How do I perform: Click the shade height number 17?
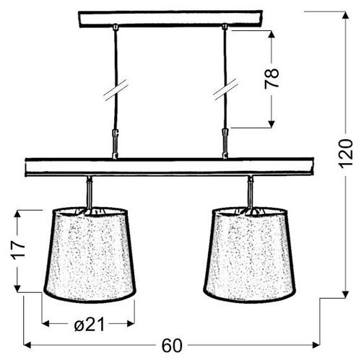coord(18,250)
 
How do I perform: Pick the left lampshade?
coord(90,254)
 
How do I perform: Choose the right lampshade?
coord(250,254)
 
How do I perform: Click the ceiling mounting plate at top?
coord(170,19)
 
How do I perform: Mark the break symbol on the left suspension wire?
coord(116,90)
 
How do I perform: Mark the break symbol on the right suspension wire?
coord(225,90)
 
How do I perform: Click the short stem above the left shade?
coord(89,191)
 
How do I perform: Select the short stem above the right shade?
coord(250,191)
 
